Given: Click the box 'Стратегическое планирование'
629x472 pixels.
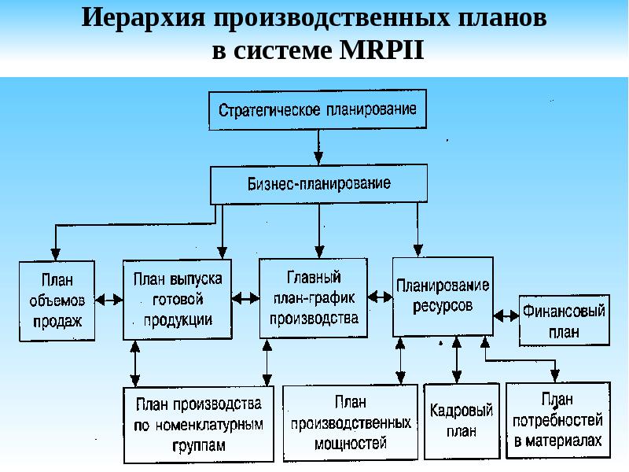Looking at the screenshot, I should [x=318, y=110].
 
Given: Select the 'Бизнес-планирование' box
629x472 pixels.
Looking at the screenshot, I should [x=319, y=185].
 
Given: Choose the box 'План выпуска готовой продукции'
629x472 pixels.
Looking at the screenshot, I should [x=177, y=299].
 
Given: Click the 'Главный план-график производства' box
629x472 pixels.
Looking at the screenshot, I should [x=314, y=298].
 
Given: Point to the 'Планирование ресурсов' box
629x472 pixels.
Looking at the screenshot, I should [x=443, y=295].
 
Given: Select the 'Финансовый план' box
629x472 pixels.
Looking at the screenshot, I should [x=564, y=320].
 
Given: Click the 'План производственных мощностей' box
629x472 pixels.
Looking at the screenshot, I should [x=350, y=422].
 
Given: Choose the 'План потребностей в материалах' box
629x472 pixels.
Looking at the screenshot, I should [x=558, y=420].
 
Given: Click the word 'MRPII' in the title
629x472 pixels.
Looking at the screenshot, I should [x=382, y=50].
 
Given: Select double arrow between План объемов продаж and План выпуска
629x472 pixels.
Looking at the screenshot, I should [x=109, y=299].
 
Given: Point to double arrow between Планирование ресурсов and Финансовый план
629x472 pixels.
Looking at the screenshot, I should [x=506, y=313].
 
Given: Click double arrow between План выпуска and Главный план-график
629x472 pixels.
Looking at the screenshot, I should [x=245, y=298].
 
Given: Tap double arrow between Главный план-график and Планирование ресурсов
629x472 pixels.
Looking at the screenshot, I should [x=381, y=297].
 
